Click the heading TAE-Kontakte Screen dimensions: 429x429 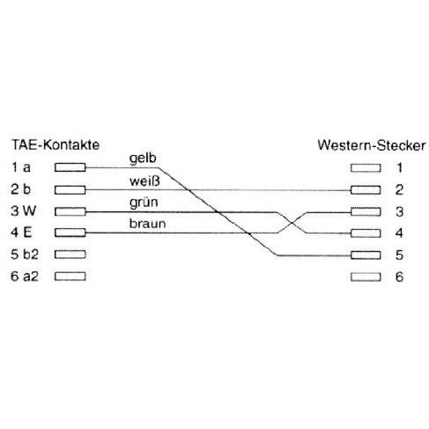pos(55,144)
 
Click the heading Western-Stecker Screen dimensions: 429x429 pos(372,145)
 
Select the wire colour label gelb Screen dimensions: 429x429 pos(143,159)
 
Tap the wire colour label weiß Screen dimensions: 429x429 pos(144,181)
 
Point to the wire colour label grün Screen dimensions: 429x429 pos(144,203)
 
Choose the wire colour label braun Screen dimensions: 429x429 pos(147,224)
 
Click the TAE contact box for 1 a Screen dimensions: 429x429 pos(70,167)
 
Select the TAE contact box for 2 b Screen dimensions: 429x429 pos(70,190)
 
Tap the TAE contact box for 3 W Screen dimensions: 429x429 pos(70,211)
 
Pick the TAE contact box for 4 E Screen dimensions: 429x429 pos(70,233)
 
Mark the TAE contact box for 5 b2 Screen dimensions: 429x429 pos(70,255)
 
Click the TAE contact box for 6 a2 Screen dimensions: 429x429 pos(70,277)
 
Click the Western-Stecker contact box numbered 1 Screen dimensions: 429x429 pos(366,168)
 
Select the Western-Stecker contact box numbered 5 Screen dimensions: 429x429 pos(366,255)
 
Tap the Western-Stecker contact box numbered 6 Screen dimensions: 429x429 pos(366,277)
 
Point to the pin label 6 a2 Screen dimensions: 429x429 pos(25,277)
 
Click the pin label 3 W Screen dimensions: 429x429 pos(23,211)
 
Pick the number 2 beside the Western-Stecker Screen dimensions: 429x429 pos(399,190)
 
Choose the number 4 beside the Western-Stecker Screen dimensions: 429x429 pos(399,233)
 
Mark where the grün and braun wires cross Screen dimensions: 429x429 pos(292,223)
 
